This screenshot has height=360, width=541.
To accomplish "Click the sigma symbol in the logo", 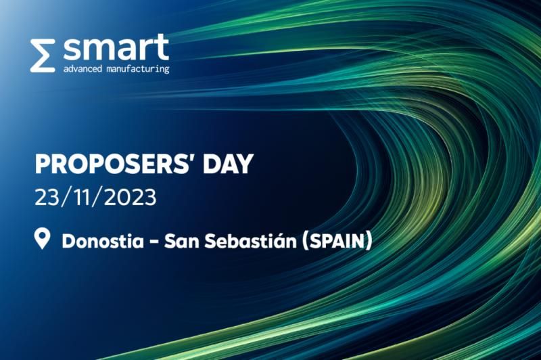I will (x=42, y=55).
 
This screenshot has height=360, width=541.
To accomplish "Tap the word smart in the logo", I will (x=116, y=48).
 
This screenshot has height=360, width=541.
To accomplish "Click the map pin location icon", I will (x=43, y=239).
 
